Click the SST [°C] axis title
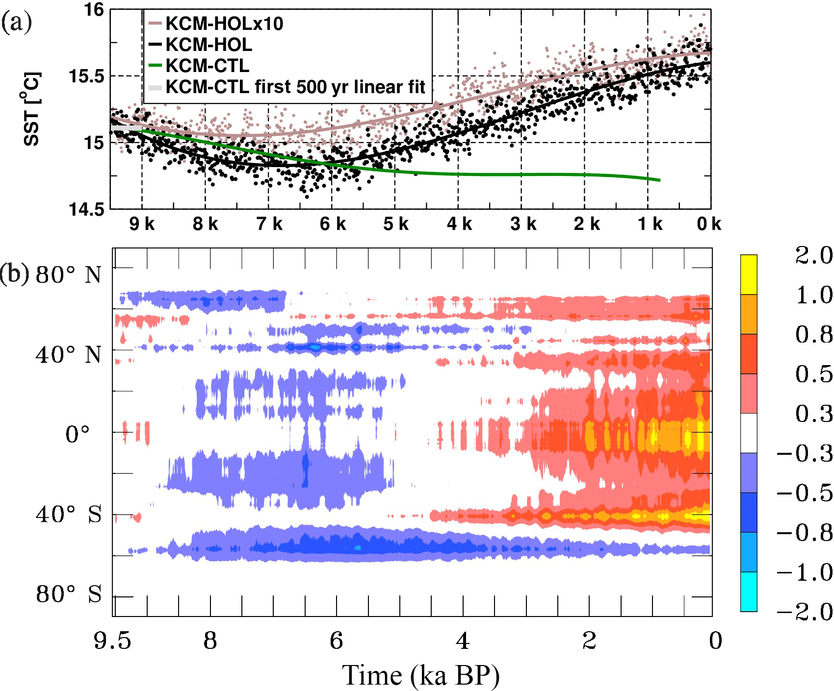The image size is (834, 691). pyautogui.click(x=32, y=109)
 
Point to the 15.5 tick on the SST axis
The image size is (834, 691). pyautogui.click(x=87, y=76)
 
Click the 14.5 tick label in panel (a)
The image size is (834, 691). pyautogui.click(x=87, y=210)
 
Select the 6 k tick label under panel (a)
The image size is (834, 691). pyautogui.click(x=333, y=224)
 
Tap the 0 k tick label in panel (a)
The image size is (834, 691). pyautogui.click(x=709, y=224)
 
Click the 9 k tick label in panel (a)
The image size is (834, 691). pyautogui.click(x=142, y=224)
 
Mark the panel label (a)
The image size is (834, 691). pyautogui.click(x=16, y=22)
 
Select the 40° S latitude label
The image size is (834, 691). pyautogui.click(x=69, y=514)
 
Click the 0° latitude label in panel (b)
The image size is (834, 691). pyautogui.click(x=78, y=434)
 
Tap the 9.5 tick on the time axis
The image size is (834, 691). pyautogui.click(x=113, y=641)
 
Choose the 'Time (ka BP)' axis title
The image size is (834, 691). pyautogui.click(x=420, y=675)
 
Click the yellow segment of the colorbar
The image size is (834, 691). pyautogui.click(x=749, y=274)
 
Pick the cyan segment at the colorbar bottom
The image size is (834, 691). pyautogui.click(x=749, y=592)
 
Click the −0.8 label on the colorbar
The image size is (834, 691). pyautogui.click(x=805, y=533)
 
